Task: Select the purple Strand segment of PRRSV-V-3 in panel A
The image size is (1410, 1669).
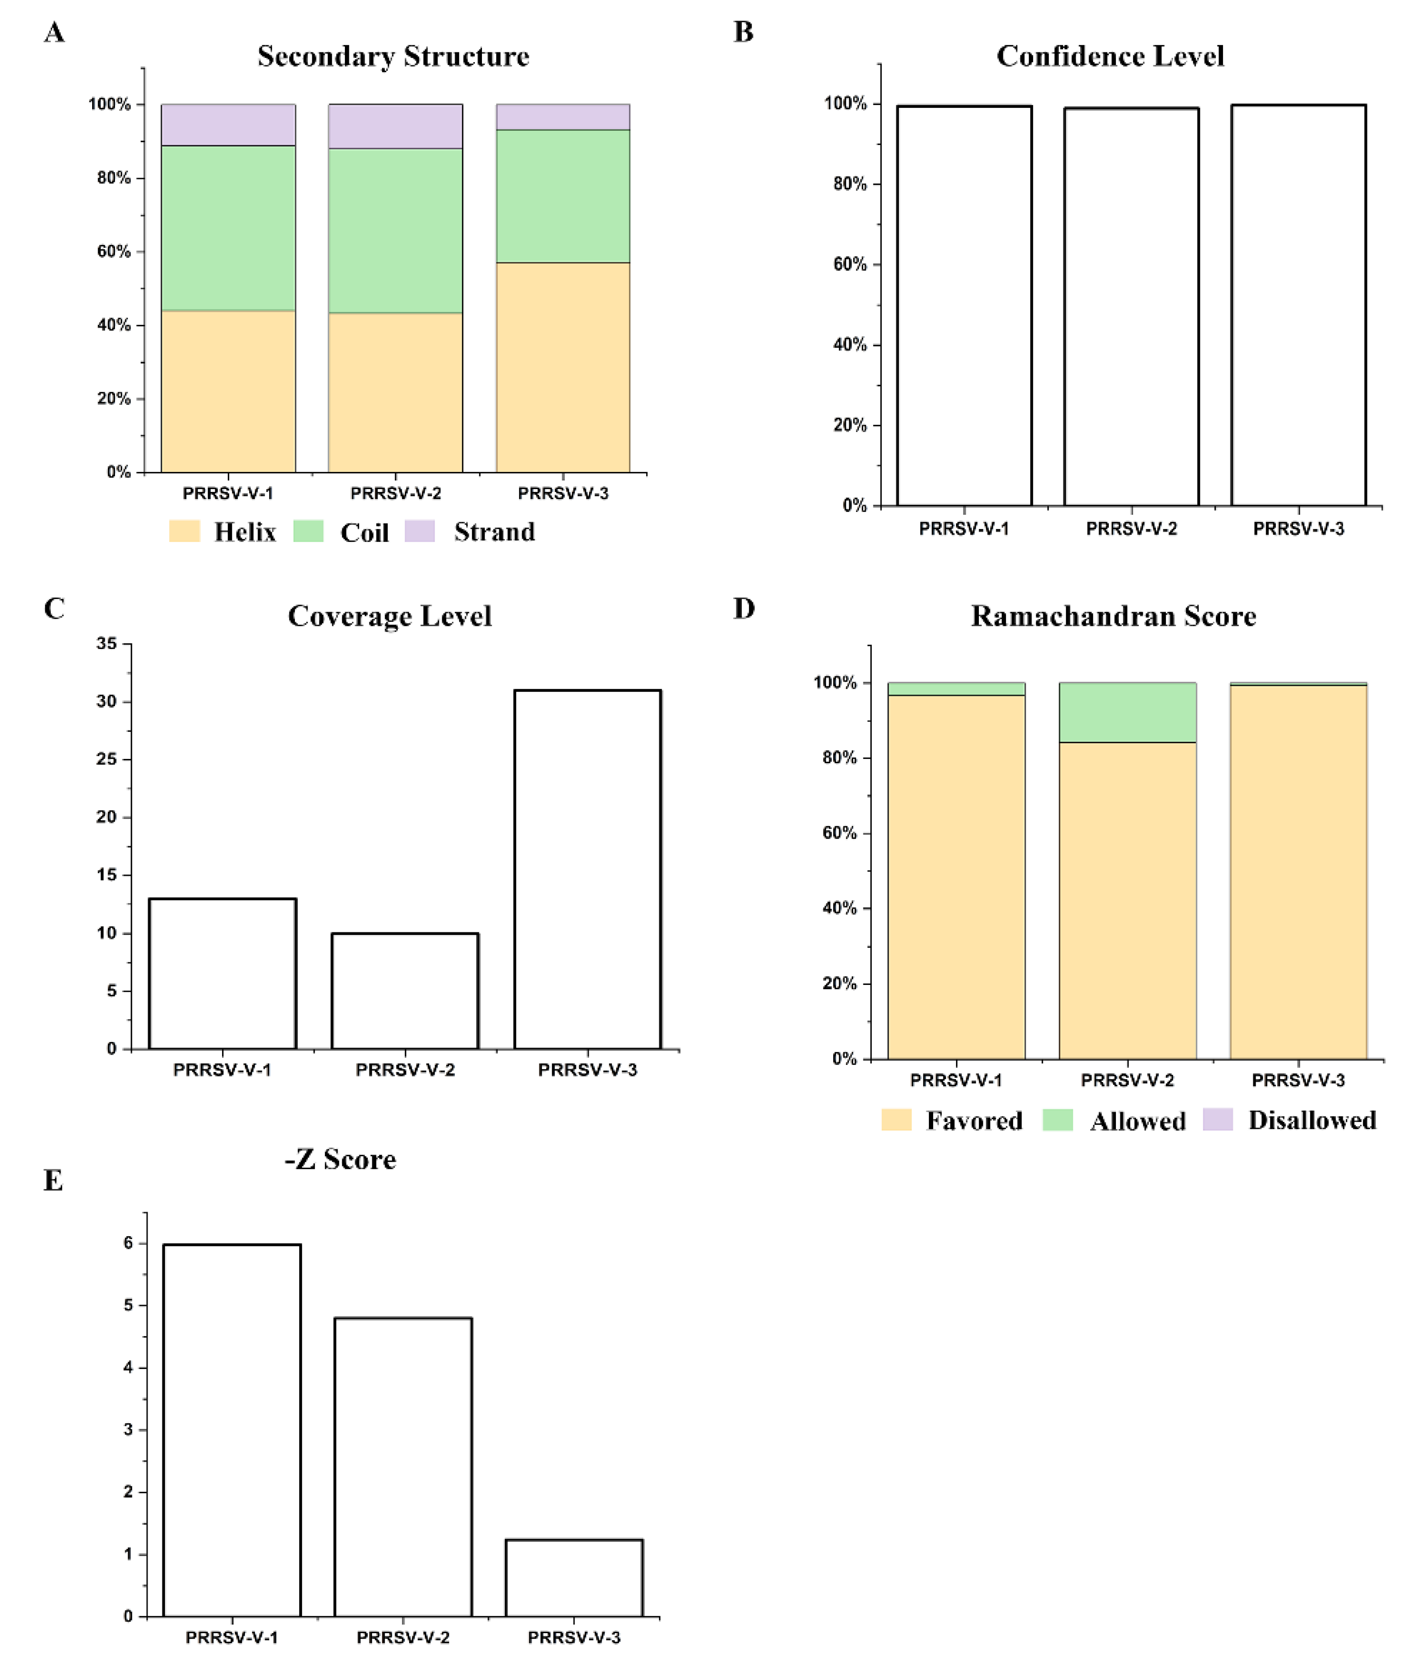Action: [563, 117]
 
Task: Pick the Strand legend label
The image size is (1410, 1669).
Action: [494, 532]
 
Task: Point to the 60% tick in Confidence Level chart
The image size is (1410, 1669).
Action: [850, 265]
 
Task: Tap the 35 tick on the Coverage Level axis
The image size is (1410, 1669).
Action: [106, 643]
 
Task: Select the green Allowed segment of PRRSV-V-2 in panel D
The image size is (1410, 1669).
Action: [1127, 712]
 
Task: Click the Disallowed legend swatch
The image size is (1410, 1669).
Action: [1217, 1120]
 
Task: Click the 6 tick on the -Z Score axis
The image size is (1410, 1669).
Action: [128, 1243]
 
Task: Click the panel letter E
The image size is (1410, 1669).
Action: [53, 1181]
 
